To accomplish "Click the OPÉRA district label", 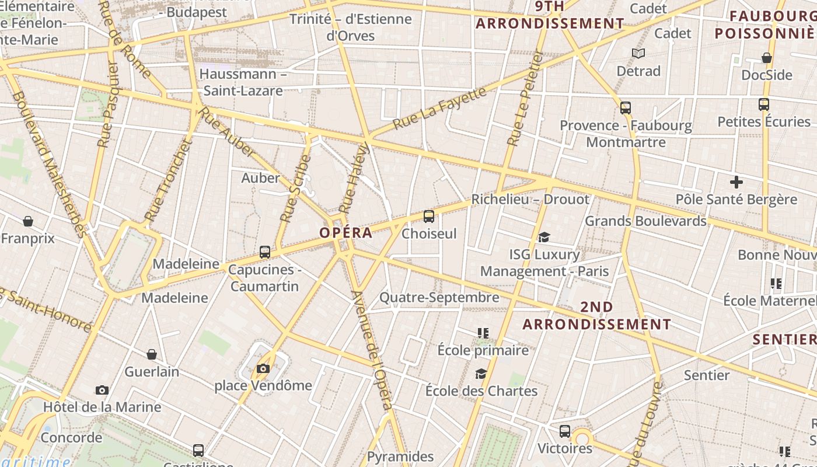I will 345,232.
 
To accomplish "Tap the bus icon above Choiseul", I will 429,217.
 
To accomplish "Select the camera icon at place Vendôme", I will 263,368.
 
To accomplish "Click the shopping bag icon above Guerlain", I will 152,354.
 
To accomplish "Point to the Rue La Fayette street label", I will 439,109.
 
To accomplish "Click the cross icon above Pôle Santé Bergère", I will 736,182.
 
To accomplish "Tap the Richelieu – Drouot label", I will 530,199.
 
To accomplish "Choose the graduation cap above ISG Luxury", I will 544,237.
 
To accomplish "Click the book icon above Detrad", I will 638,54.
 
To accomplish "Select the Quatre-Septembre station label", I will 439,297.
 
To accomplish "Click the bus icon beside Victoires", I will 565,431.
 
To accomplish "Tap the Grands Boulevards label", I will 645,221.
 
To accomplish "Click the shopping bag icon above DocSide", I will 767,58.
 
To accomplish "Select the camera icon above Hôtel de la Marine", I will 102,390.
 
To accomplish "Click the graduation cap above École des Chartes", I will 481,374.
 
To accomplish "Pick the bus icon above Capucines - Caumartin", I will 265,252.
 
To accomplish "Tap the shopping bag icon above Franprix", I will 27,221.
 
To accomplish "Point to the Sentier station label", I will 707,375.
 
